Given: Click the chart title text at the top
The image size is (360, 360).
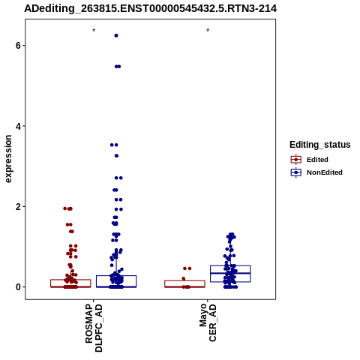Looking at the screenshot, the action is pyautogui.click(x=150, y=9).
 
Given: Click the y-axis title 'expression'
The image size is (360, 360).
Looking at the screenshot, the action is pyautogui.click(x=8, y=159).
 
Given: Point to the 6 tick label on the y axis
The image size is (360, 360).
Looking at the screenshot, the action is pyautogui.click(x=18, y=46).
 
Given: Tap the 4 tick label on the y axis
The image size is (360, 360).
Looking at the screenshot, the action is pyautogui.click(x=18, y=126).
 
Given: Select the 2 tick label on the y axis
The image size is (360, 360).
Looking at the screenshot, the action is pyautogui.click(x=18, y=206).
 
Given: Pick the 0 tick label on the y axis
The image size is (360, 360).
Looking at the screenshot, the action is pyautogui.click(x=18, y=287).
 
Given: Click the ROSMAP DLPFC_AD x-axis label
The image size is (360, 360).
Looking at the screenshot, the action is pyautogui.click(x=94, y=328).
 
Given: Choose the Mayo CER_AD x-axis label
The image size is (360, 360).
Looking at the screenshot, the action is pyautogui.click(x=208, y=322).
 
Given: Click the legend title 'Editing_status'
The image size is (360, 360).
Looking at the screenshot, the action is pyautogui.click(x=320, y=145).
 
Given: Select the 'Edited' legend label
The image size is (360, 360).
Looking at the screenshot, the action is pyautogui.click(x=317, y=160).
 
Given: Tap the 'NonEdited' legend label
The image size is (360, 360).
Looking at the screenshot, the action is pyautogui.click(x=325, y=172).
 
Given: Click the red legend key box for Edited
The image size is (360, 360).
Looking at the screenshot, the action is pyautogui.click(x=296, y=159).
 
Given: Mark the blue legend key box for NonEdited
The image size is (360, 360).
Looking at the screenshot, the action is pyautogui.click(x=296, y=172).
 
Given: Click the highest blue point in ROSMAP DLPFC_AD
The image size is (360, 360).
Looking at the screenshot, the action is pyautogui.click(x=116, y=36).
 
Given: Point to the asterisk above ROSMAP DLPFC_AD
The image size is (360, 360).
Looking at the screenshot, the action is pyautogui.click(x=94, y=31).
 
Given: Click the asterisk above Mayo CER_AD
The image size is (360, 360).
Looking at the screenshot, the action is pyautogui.click(x=208, y=31).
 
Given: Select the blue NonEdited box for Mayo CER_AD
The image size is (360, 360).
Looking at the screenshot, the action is pyautogui.click(x=230, y=265).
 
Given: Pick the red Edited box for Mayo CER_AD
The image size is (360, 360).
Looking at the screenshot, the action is pyautogui.click(x=184, y=280).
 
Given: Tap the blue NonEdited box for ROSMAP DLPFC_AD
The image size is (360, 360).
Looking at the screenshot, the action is pyautogui.click(x=116, y=276).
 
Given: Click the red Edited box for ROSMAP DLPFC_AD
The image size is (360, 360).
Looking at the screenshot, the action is pyautogui.click(x=70, y=280).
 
